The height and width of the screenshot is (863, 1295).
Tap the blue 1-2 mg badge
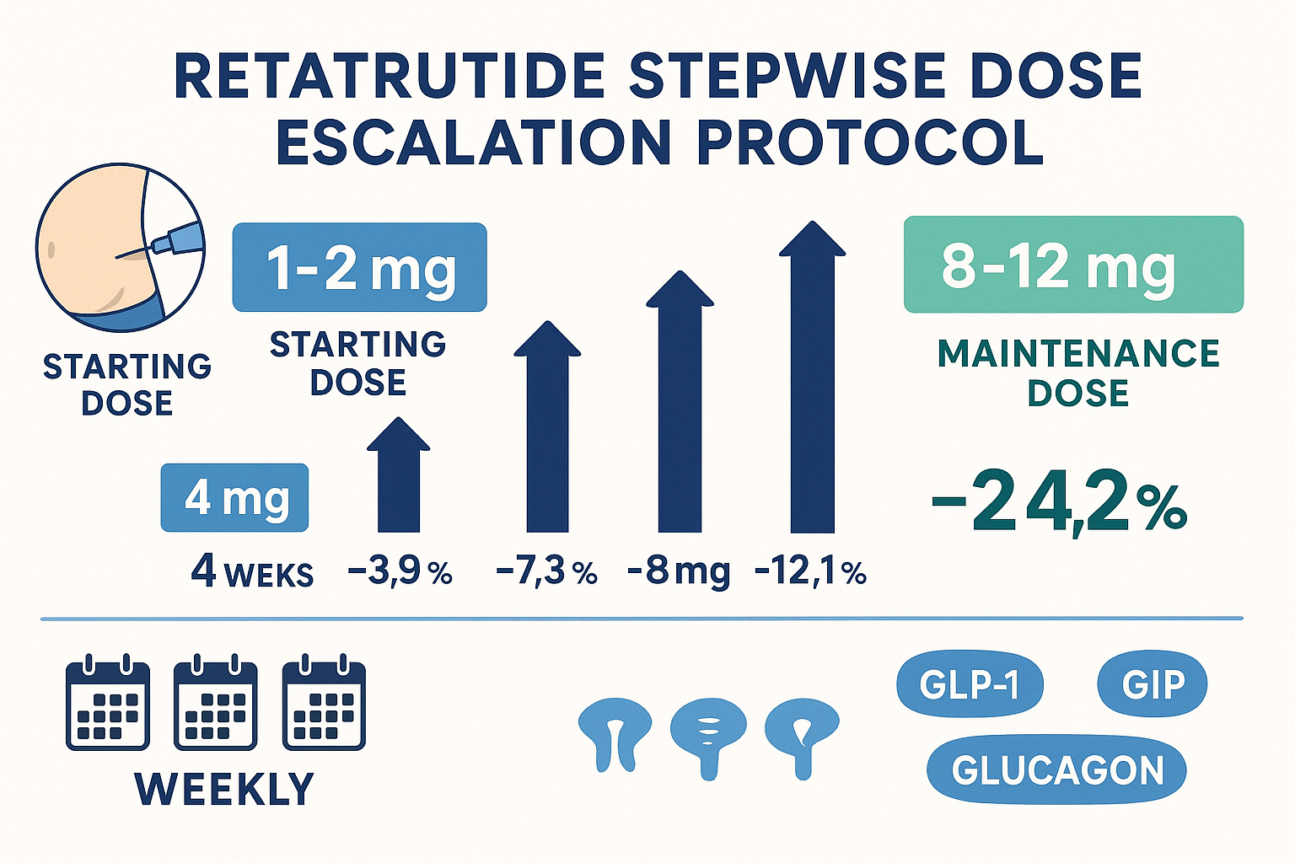tap(360, 267)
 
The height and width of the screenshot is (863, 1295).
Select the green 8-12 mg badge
tap(1073, 265)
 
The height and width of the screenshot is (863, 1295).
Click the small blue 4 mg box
tap(234, 497)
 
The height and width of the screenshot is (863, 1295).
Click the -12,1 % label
tap(810, 573)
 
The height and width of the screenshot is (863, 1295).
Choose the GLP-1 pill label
tap(970, 684)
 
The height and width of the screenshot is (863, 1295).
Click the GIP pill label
tap(1153, 683)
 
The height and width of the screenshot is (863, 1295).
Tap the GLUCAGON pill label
tap(1056, 770)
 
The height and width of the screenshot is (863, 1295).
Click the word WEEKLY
tap(224, 789)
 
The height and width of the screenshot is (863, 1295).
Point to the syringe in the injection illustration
tap(175, 239)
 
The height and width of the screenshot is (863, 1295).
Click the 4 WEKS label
tap(252, 573)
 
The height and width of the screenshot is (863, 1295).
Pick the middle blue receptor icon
tap(709, 733)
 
